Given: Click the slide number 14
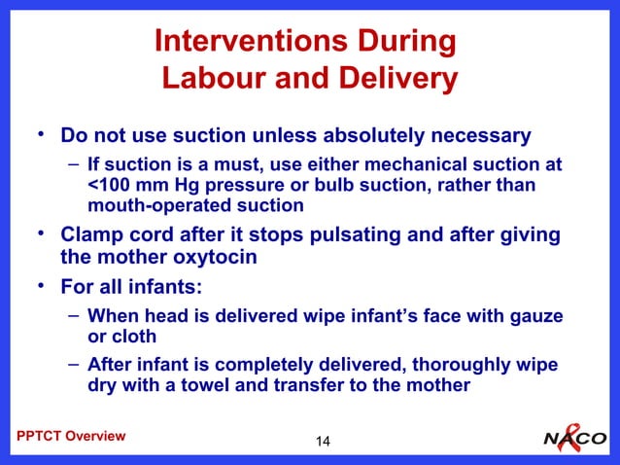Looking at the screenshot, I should click(x=323, y=443).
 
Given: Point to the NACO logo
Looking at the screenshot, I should click(x=574, y=437).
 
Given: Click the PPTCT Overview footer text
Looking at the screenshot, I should click(x=71, y=436).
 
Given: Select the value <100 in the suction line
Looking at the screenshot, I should click(x=106, y=184).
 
